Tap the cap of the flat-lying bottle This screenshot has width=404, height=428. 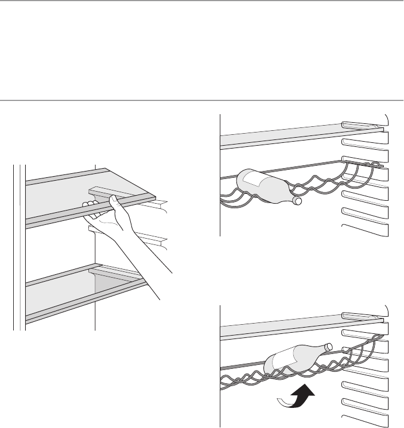pos(297,201)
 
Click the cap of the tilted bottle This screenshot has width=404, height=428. pos(328,346)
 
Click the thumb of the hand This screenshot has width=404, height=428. pos(113,200)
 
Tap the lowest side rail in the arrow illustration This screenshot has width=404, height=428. pos(364,417)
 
